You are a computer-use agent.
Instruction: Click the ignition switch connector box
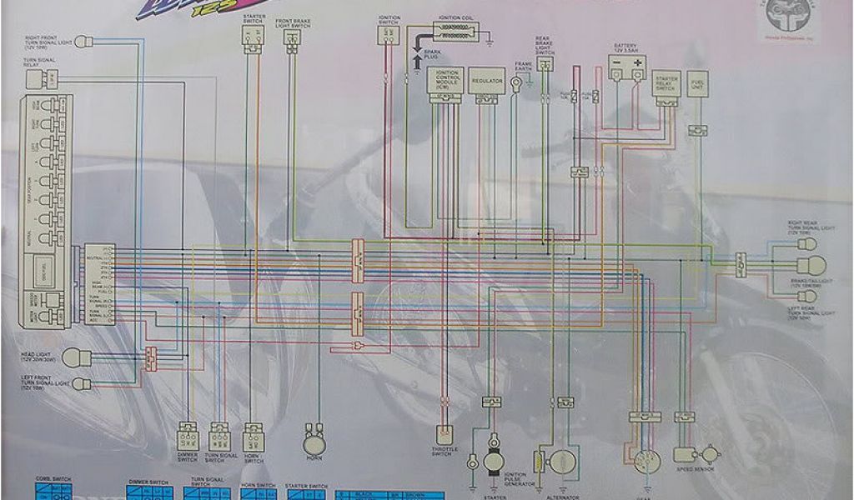click(x=388, y=34)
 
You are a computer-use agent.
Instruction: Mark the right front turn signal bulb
click(x=83, y=40)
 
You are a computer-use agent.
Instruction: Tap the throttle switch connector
click(x=445, y=433)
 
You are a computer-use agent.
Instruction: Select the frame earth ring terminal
click(x=517, y=83)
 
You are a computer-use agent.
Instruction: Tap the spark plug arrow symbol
click(x=416, y=61)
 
